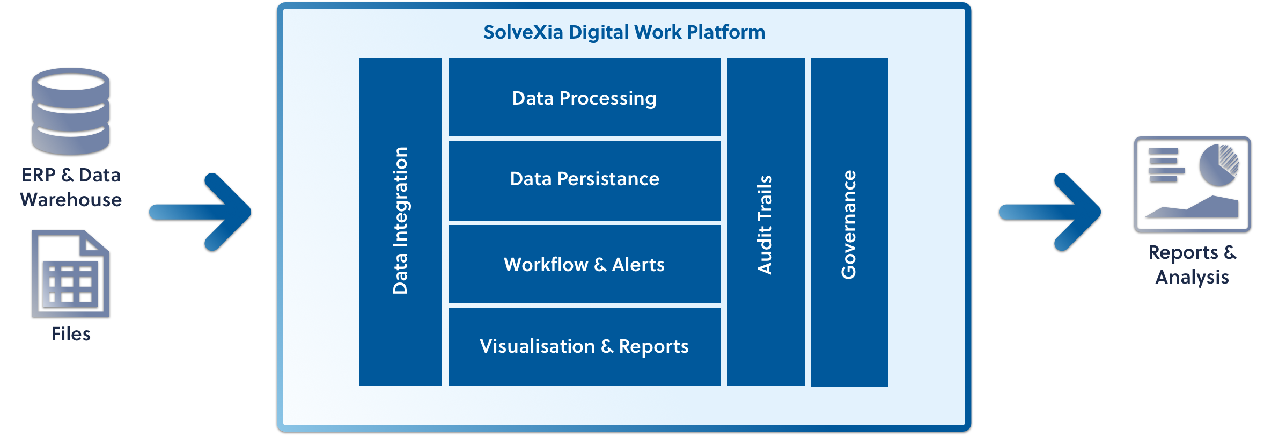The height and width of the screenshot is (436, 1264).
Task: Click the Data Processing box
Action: pyautogui.click(x=584, y=98)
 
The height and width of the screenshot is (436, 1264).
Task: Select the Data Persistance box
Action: pyautogui.click(x=584, y=179)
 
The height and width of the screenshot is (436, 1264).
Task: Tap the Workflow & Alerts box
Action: pyautogui.click(x=584, y=264)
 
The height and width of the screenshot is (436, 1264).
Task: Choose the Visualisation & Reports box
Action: pyautogui.click(x=584, y=346)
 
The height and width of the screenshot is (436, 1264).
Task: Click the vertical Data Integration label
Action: pyautogui.click(x=400, y=220)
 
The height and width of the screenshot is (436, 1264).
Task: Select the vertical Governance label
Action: pyautogui.click(x=849, y=224)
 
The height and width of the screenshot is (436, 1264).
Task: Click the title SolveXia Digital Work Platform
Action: pyautogui.click(x=624, y=32)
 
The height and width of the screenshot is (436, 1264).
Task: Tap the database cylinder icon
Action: pyautogui.click(x=71, y=111)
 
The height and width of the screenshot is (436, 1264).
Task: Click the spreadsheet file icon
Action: pyautogui.click(x=71, y=273)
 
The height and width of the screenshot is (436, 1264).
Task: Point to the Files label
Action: pyautogui.click(x=71, y=334)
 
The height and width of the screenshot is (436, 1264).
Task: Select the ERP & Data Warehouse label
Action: pyautogui.click(x=71, y=187)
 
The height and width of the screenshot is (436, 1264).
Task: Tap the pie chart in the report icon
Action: pyautogui.click(x=1219, y=164)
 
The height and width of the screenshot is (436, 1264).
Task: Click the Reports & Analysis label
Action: pyautogui.click(x=1192, y=265)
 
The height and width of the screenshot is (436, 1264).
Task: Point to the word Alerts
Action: pyautogui.click(x=638, y=264)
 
